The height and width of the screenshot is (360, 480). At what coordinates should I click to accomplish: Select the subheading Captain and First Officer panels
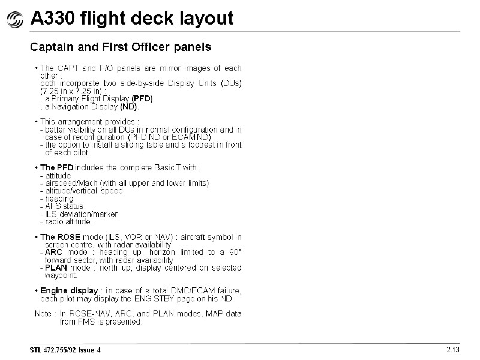121,47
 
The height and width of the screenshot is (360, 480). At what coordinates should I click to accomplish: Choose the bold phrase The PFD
57,167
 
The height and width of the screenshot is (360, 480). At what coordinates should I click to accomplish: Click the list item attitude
58,175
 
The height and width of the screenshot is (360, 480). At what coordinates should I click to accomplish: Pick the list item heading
59,199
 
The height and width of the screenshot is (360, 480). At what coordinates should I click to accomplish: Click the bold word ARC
53,253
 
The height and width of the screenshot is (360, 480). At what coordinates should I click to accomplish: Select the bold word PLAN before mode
56,268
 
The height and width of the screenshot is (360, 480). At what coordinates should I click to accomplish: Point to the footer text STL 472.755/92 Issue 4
66,350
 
